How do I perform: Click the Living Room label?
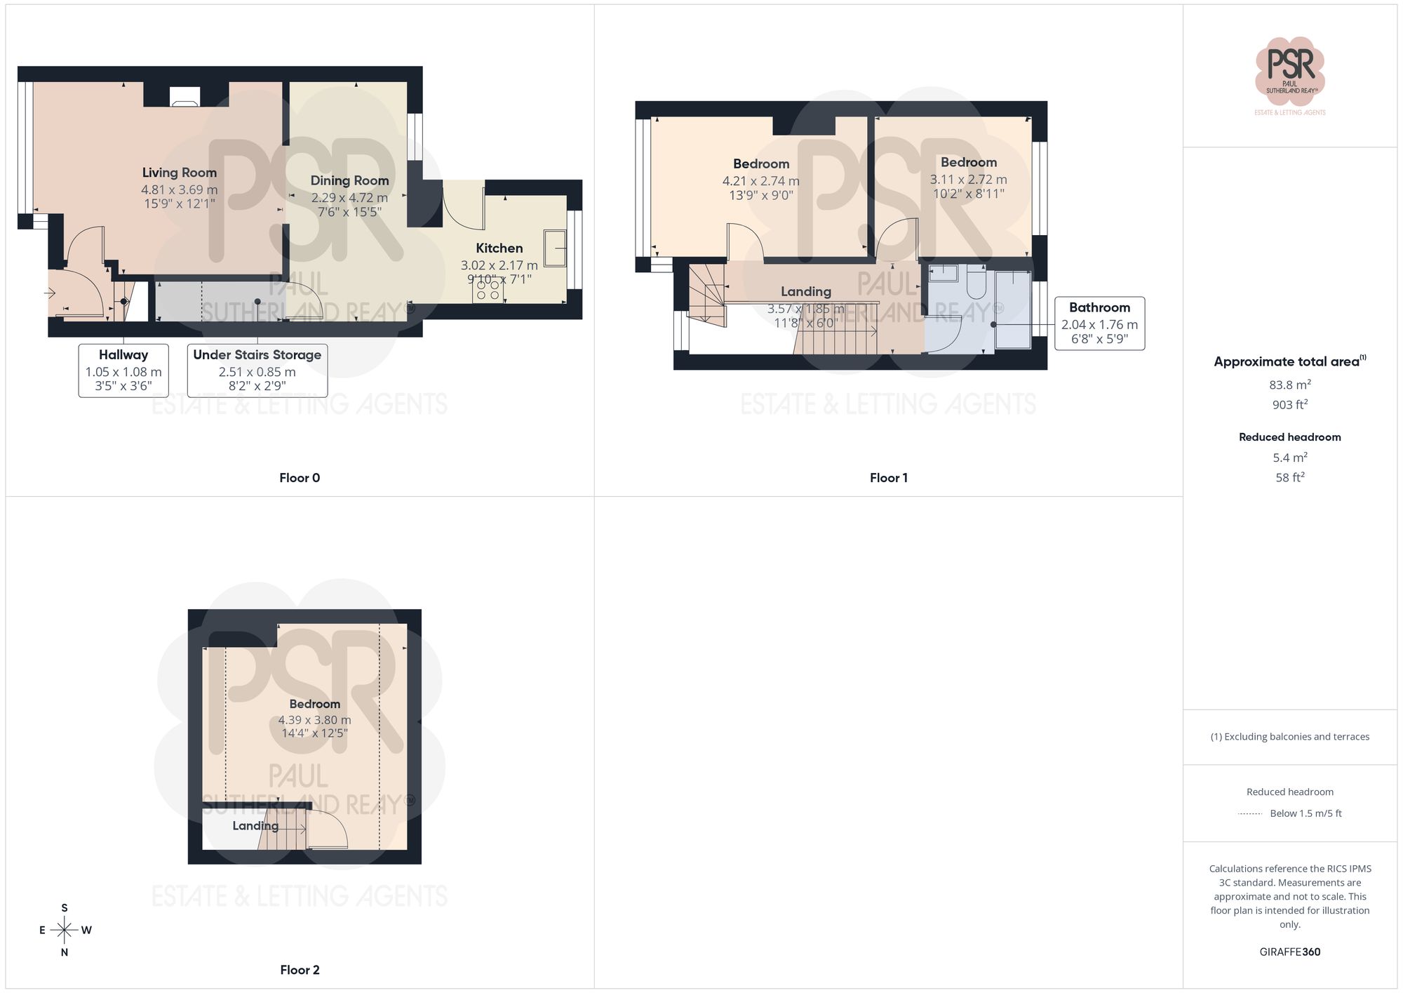click(179, 173)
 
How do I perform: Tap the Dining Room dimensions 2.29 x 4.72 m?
click(349, 198)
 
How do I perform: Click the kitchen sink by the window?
click(555, 248)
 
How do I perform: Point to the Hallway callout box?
click(123, 371)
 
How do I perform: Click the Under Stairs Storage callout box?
click(257, 371)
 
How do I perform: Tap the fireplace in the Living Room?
click(185, 97)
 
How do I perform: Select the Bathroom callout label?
click(1099, 307)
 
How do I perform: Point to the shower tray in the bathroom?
click(1013, 309)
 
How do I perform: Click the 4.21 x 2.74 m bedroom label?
click(760, 180)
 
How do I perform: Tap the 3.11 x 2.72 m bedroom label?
click(968, 179)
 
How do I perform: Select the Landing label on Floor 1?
click(806, 291)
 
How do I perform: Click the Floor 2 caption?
click(300, 970)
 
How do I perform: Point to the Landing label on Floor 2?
click(255, 826)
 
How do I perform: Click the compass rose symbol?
click(65, 931)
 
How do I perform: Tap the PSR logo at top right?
click(1289, 70)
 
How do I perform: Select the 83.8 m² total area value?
click(1289, 385)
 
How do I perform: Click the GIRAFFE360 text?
click(1289, 952)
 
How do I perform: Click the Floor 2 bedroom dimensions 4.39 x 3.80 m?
click(314, 720)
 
